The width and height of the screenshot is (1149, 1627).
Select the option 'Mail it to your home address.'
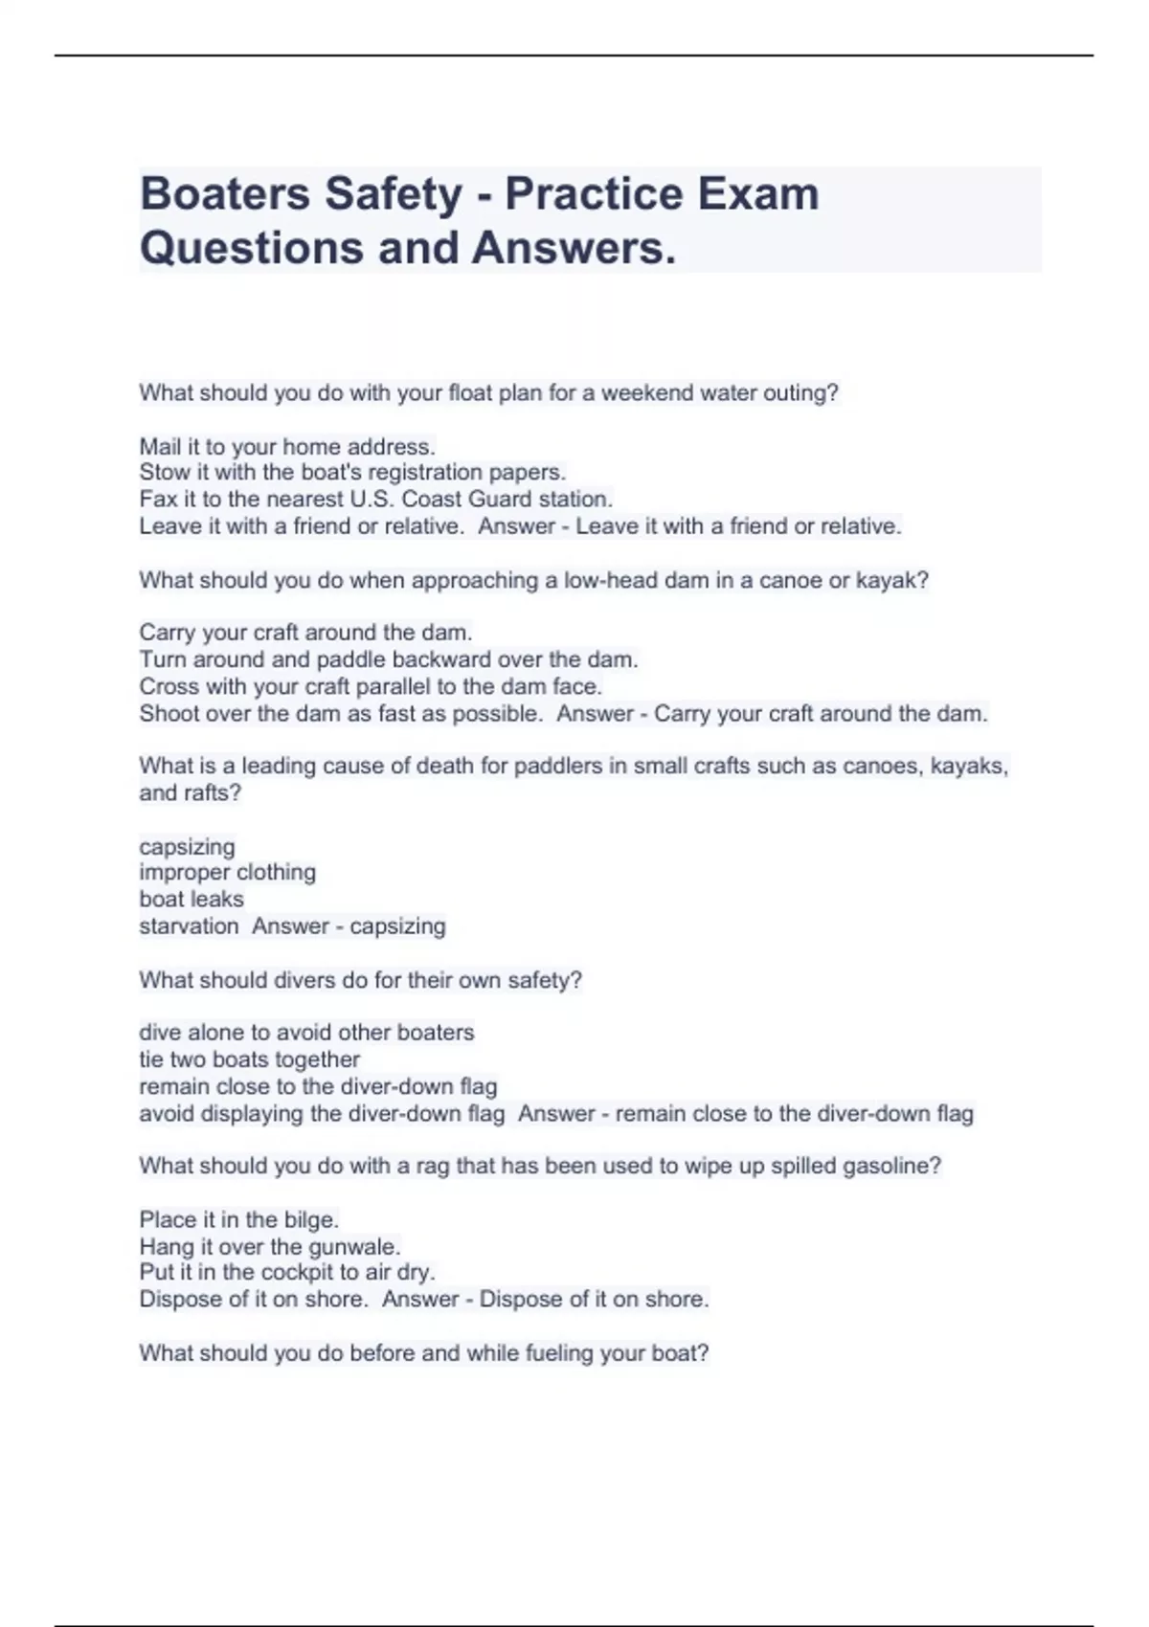[x=287, y=447]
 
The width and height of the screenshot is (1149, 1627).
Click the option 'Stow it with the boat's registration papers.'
[x=352, y=473]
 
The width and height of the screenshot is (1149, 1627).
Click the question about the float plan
[x=488, y=393]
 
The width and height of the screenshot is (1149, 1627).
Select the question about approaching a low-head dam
[x=533, y=580]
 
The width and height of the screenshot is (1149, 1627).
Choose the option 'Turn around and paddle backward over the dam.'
[x=388, y=659]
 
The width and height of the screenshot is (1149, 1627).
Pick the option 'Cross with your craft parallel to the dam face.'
[x=371, y=686]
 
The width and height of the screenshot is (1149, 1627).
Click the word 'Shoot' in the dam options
[x=169, y=713]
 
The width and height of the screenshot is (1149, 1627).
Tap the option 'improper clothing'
[x=227, y=872]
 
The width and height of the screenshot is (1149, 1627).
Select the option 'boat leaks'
[x=191, y=899]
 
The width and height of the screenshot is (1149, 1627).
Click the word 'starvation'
[x=189, y=925]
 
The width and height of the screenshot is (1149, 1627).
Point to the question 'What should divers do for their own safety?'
[x=360, y=980]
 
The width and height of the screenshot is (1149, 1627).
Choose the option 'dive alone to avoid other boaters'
[x=306, y=1033]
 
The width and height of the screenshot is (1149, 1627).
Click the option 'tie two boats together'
[x=249, y=1059]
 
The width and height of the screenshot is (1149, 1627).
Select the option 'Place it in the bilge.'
[x=238, y=1220]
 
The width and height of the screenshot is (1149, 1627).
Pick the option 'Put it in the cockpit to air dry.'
[x=287, y=1273]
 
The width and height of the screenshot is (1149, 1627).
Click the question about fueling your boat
[x=423, y=1353]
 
